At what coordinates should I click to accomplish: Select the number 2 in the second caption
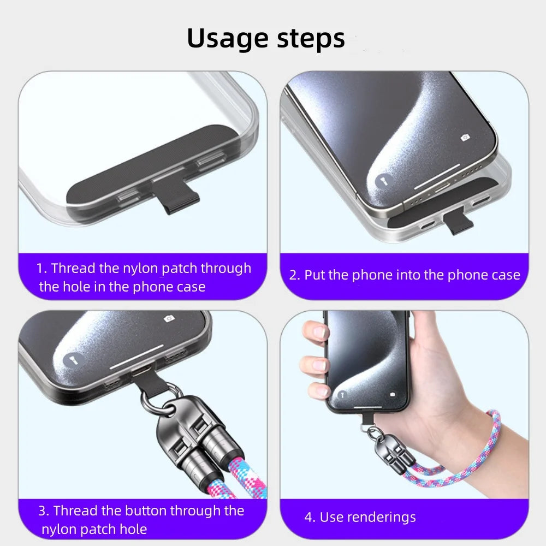(x=294, y=275)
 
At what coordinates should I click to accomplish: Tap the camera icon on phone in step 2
(x=465, y=138)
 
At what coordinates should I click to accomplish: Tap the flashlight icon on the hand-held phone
(x=342, y=394)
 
